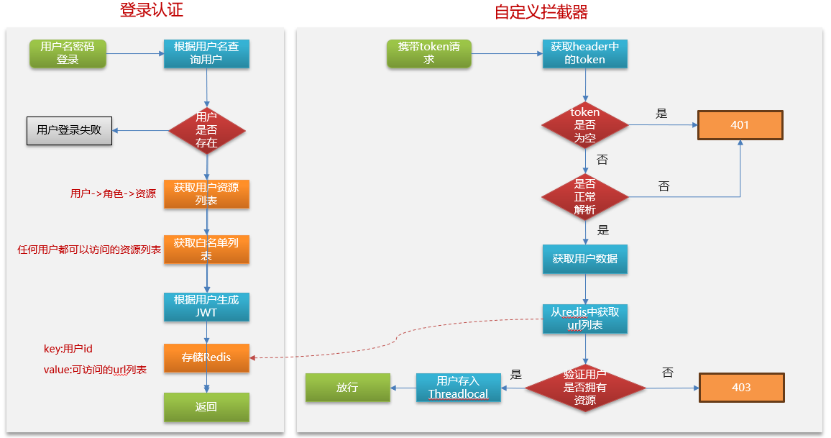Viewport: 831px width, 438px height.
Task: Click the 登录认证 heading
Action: (x=151, y=11)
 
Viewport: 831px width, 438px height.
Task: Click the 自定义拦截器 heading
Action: (x=541, y=12)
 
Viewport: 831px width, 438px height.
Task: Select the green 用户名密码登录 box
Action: (x=68, y=54)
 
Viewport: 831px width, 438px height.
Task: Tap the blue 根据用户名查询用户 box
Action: (x=206, y=54)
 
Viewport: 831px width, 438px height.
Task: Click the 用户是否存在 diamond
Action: (x=207, y=130)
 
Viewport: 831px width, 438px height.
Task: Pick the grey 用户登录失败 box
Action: (x=69, y=131)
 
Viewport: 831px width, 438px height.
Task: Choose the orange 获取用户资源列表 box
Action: (x=206, y=194)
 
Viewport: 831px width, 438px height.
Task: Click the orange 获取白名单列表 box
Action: (x=206, y=249)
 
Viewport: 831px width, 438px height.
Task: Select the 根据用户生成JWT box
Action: (x=206, y=306)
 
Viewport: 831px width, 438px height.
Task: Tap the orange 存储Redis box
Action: (x=206, y=357)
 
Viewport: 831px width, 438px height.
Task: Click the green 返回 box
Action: (x=206, y=407)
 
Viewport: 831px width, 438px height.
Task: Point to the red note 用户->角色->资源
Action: (x=113, y=193)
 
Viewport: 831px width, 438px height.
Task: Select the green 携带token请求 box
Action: (x=429, y=54)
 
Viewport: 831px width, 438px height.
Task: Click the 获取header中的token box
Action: (x=584, y=54)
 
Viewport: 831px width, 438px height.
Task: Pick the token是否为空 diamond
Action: (x=584, y=125)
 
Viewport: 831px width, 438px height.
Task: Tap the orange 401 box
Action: (x=740, y=125)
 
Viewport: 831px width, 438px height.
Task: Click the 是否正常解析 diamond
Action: (x=584, y=196)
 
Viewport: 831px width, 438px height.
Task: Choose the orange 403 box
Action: (x=741, y=388)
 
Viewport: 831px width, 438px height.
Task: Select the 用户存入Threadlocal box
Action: (x=459, y=388)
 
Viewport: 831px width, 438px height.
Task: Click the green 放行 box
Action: (x=347, y=388)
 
